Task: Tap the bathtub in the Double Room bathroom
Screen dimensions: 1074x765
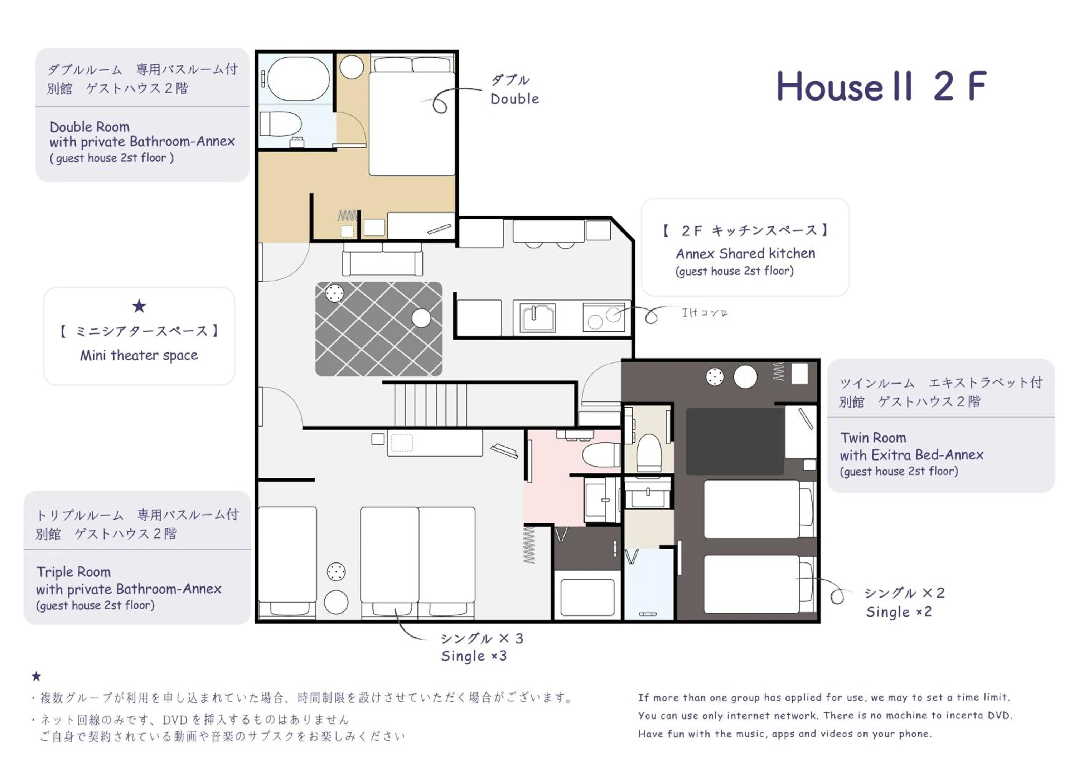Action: click(x=298, y=79)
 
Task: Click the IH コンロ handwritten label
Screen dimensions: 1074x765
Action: click(x=705, y=312)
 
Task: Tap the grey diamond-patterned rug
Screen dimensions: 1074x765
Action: click(x=378, y=329)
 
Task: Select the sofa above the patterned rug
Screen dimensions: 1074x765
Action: click(x=382, y=259)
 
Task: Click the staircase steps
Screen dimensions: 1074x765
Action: click(x=431, y=404)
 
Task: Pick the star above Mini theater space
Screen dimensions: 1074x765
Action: click(x=139, y=306)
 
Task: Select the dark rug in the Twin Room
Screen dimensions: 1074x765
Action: click(x=734, y=442)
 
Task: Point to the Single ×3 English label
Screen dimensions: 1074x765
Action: click(x=474, y=656)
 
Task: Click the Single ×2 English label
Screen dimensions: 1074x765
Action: click(x=899, y=611)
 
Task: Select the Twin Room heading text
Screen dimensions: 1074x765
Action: click(x=873, y=438)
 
